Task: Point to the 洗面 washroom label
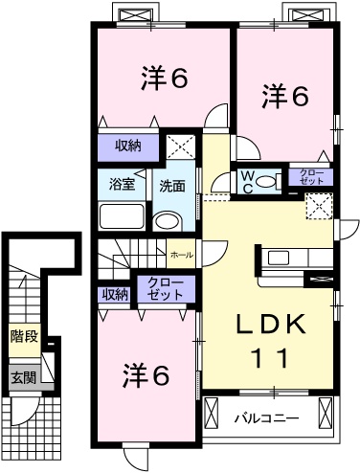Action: pyautogui.click(x=171, y=185)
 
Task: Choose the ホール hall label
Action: pyautogui.click(x=180, y=256)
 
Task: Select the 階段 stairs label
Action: pyautogui.click(x=24, y=336)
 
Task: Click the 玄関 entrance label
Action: pyautogui.click(x=24, y=377)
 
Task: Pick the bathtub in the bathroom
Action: pyautogui.click(x=121, y=215)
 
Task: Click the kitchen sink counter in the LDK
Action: pyautogui.click(x=284, y=258)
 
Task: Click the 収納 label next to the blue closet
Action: pyautogui.click(x=115, y=294)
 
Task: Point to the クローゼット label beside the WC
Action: pyautogui.click(x=312, y=176)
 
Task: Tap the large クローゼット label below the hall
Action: pyautogui.click(x=164, y=288)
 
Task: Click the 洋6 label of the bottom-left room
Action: pyautogui.click(x=146, y=375)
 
